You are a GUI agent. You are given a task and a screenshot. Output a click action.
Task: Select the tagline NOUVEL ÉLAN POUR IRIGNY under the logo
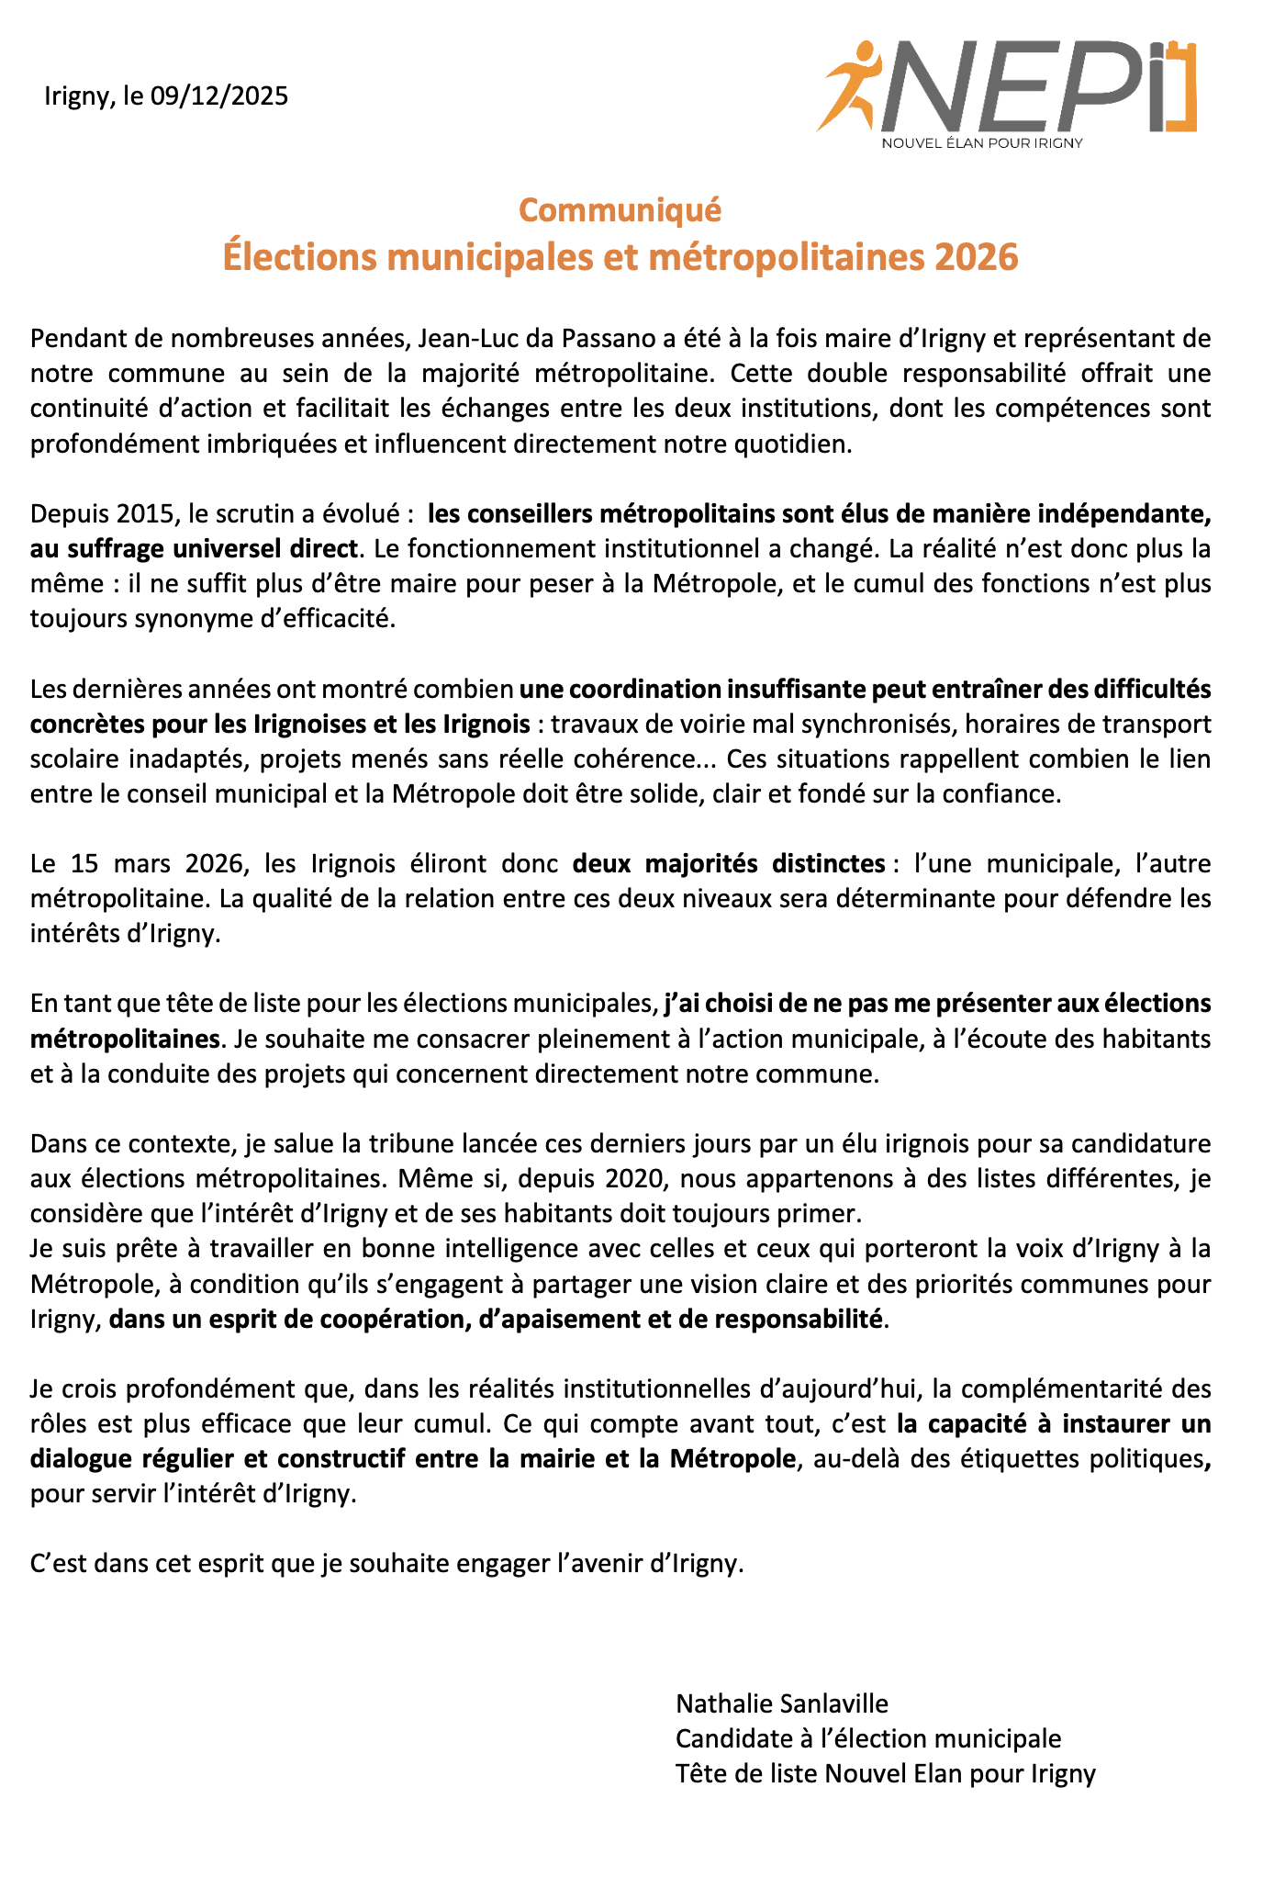click(x=981, y=143)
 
